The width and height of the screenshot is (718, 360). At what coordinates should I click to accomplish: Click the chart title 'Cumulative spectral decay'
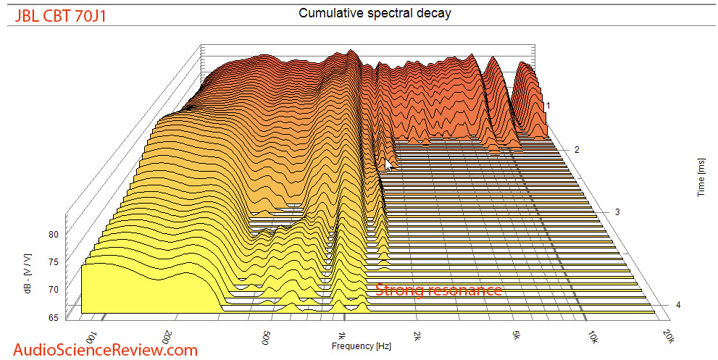[x=375, y=14]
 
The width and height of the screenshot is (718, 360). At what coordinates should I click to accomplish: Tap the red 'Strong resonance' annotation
[x=438, y=290]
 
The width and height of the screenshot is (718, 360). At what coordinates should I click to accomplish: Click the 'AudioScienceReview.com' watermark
[x=100, y=350]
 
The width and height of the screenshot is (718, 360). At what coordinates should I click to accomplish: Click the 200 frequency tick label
[x=168, y=335]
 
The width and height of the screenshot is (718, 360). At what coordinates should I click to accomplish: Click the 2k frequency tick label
[x=416, y=335]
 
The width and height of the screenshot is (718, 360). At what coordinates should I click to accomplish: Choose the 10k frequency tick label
[x=593, y=337]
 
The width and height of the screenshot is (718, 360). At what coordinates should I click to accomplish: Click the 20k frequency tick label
[x=667, y=337]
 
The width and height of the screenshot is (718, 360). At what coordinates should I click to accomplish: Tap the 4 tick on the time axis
[x=677, y=305]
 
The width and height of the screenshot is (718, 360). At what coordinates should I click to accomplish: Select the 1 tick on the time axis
[x=548, y=106]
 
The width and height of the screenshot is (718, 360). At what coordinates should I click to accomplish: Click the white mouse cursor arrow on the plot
[x=388, y=166]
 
